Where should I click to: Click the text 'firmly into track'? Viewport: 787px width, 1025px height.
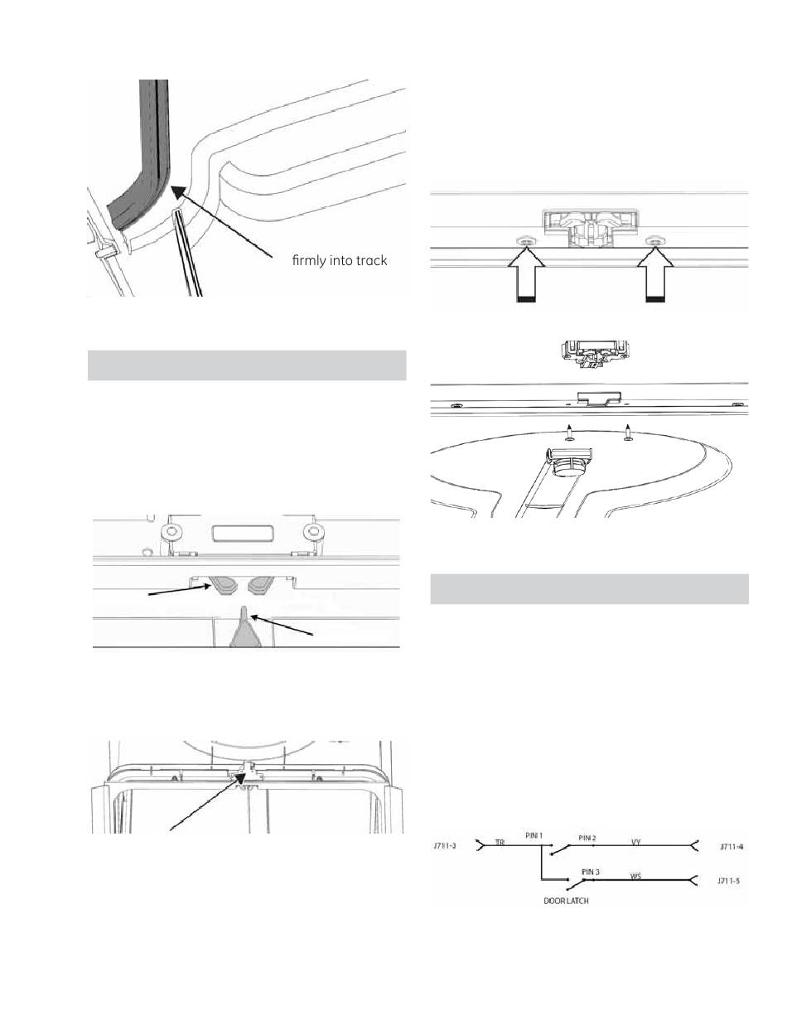click(339, 261)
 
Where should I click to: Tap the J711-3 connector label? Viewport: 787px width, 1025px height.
click(447, 846)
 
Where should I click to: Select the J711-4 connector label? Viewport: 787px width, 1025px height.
click(732, 846)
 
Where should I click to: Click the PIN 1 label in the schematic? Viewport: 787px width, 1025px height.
click(534, 835)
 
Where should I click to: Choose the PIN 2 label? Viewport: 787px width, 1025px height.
click(588, 838)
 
